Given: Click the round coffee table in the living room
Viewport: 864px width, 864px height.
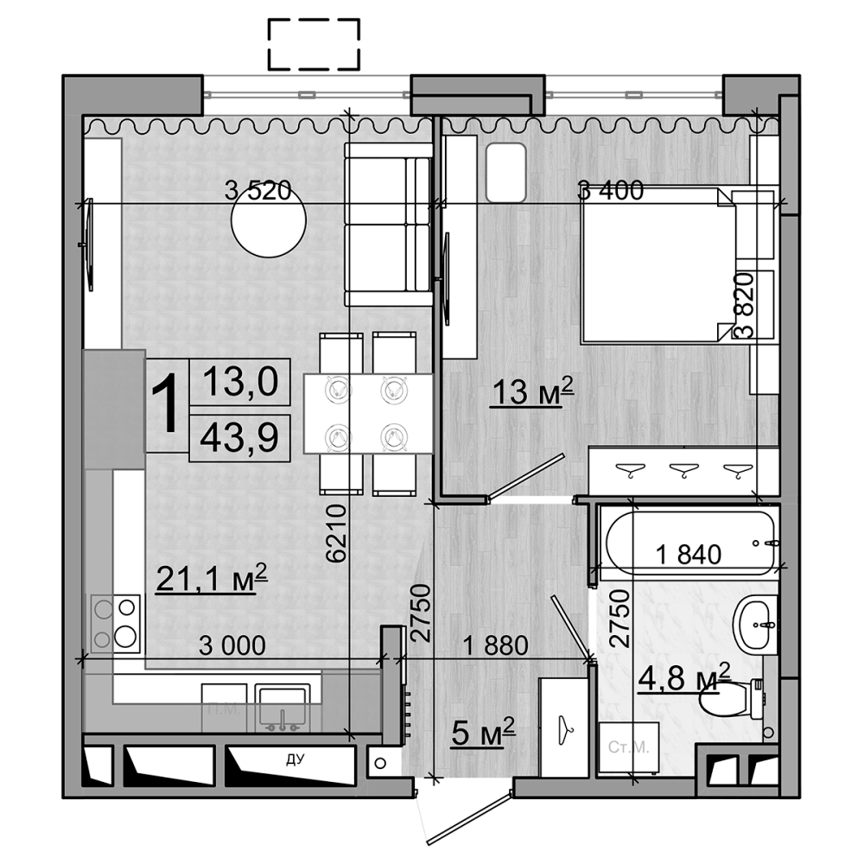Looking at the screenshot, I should (x=269, y=220).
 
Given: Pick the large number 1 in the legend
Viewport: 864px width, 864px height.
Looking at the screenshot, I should (x=167, y=406).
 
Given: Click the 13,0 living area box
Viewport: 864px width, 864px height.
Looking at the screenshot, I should (x=238, y=380).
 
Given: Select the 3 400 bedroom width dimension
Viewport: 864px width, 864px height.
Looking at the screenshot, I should (x=611, y=191).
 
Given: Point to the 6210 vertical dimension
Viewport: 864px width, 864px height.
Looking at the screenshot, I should (x=337, y=534).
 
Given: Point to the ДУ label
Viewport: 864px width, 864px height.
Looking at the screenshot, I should (x=295, y=760).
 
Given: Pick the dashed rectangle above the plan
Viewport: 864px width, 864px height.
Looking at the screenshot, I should (x=314, y=44).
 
